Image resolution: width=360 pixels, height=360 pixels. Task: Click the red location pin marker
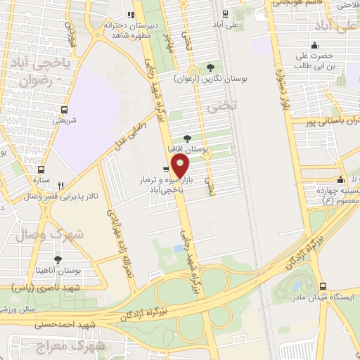(181, 167)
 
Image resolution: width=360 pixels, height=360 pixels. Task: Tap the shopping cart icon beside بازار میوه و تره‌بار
(165, 169)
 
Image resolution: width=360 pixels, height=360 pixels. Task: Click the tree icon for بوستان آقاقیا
(186, 139)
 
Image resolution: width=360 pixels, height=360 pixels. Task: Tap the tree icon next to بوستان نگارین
(210, 68)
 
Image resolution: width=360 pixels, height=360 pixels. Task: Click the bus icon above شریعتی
(65, 110)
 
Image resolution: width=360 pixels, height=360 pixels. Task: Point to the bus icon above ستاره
(41, 169)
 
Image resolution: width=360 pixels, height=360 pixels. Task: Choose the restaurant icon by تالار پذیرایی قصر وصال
(60, 186)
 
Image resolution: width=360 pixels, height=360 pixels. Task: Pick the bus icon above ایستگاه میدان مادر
(323, 286)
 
